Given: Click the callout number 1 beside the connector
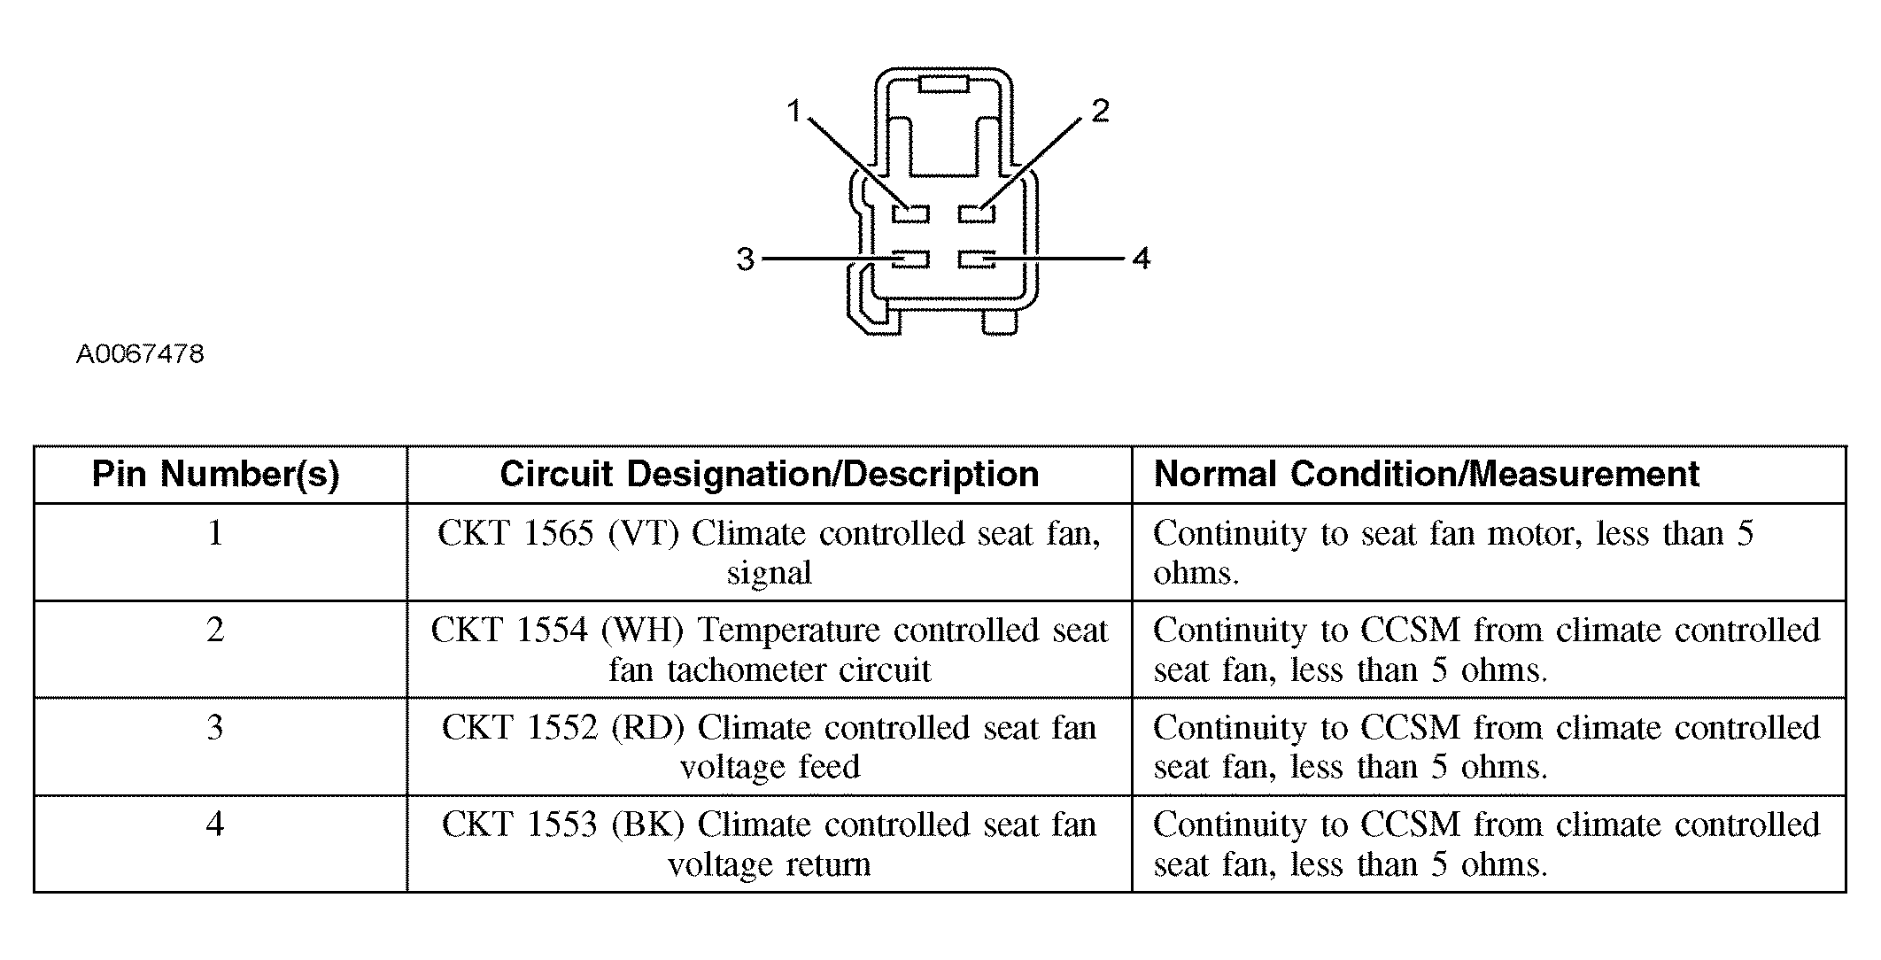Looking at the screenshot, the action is pyautogui.click(x=793, y=112).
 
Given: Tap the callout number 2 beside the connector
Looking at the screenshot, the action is pyautogui.click(x=1100, y=112).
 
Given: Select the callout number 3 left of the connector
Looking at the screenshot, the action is pyautogui.click(x=746, y=259).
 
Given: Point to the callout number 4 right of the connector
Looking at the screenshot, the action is pyautogui.click(x=1141, y=259).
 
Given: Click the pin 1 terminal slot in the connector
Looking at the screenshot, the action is pyautogui.click(x=910, y=213).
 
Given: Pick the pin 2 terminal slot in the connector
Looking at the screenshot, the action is pyautogui.click(x=977, y=213).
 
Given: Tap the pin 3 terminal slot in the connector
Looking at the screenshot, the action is pyautogui.click(x=910, y=259).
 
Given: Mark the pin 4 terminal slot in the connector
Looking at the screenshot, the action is pyautogui.click(x=977, y=259).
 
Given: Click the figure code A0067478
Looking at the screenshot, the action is pyautogui.click(x=140, y=354).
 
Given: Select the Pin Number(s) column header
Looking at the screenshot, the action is pyautogui.click(x=216, y=475).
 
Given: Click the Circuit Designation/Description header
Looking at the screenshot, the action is pyautogui.click(x=769, y=475).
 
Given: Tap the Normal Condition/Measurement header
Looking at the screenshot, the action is pyautogui.click(x=1427, y=475).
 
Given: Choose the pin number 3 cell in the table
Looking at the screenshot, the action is pyautogui.click(x=215, y=728).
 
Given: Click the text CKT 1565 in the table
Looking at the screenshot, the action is pyautogui.click(x=515, y=534).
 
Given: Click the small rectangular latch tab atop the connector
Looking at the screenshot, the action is pyautogui.click(x=945, y=84).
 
